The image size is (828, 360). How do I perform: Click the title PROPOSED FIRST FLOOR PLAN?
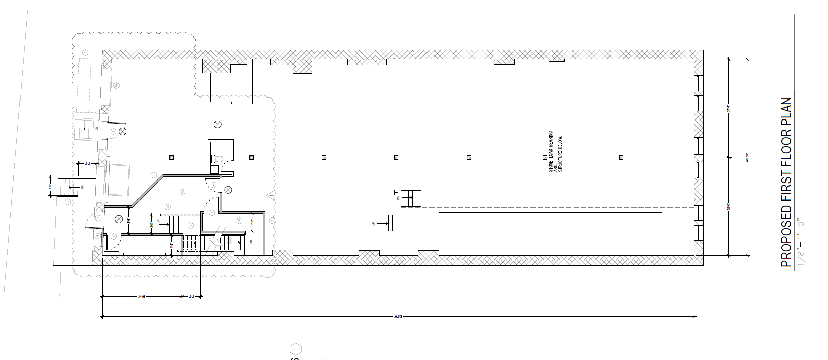pos(786,183)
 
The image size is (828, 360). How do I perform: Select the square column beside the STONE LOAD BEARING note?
pos(545,158)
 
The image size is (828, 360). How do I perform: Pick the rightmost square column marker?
pos(621,157)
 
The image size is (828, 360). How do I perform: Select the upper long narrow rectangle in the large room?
pos(550,217)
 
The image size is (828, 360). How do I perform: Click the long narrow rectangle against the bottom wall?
pos(564,251)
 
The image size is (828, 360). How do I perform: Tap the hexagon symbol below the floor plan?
pos(295,350)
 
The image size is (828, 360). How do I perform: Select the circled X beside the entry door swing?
pos(122,132)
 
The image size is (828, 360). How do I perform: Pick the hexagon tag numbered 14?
pos(116,85)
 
